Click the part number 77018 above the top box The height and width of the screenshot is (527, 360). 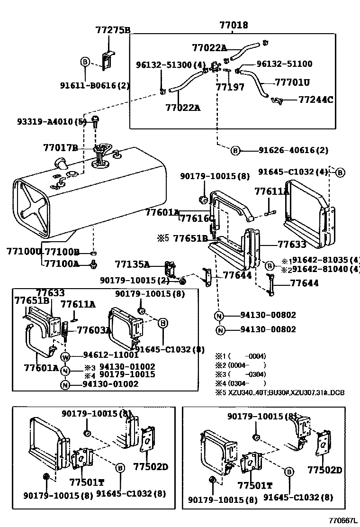pyautogui.click(x=234, y=25)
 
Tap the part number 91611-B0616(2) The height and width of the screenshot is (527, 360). pyautogui.click(x=94, y=85)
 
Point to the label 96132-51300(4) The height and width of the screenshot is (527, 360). pyautogui.click(x=164, y=64)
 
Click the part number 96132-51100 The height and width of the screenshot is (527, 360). pyautogui.click(x=284, y=64)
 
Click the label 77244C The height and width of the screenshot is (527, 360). pyautogui.click(x=315, y=100)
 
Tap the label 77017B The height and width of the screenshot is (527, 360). pyautogui.click(x=60, y=148)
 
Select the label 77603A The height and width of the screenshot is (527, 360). pyautogui.click(x=94, y=330)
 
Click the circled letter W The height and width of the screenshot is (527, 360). pyautogui.click(x=65, y=356)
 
